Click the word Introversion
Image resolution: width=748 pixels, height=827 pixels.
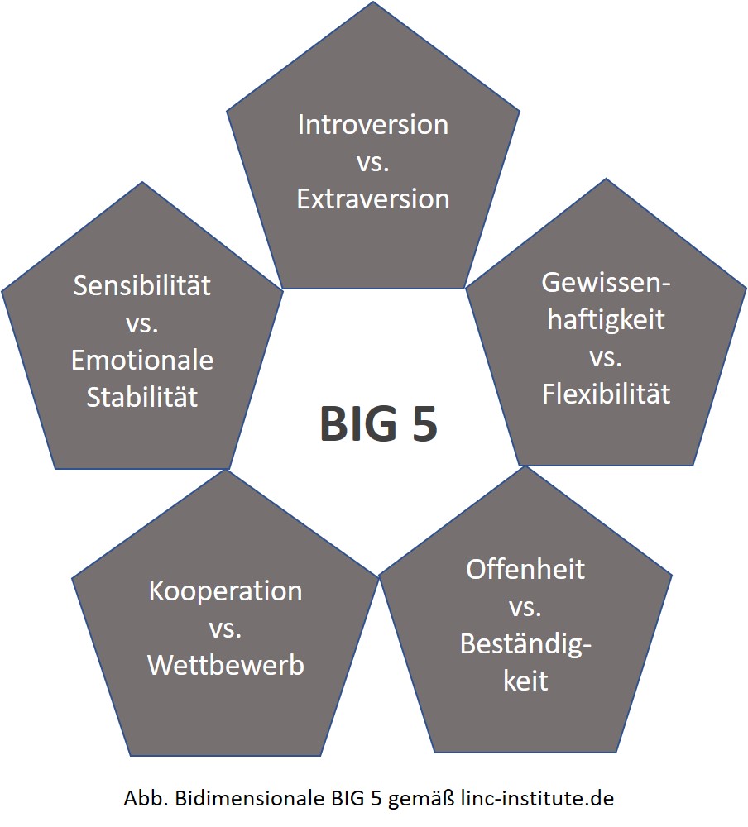(x=372, y=125)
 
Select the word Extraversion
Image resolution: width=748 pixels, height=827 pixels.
(x=373, y=199)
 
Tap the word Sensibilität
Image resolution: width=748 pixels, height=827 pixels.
(x=141, y=286)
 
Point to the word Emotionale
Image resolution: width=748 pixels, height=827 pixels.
(x=142, y=361)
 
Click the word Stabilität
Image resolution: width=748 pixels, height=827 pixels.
(x=142, y=396)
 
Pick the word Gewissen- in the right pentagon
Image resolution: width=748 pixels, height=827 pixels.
(x=606, y=283)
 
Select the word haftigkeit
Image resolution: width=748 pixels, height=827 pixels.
(x=606, y=319)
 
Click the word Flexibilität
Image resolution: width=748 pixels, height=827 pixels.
(x=606, y=394)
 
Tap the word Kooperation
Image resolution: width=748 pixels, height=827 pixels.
(x=225, y=591)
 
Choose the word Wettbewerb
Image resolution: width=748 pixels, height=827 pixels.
(x=225, y=665)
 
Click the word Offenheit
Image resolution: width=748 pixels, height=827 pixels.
(x=525, y=570)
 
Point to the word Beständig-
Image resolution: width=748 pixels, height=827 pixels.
(x=525, y=643)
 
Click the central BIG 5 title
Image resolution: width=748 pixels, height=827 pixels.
(x=378, y=424)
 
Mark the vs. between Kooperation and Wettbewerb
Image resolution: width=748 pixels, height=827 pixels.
(x=225, y=629)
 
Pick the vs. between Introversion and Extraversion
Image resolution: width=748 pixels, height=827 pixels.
(x=373, y=162)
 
